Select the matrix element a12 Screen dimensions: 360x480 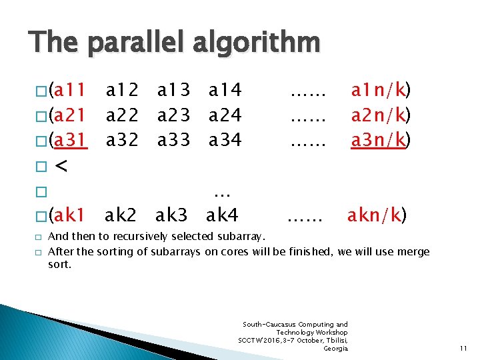click(x=123, y=90)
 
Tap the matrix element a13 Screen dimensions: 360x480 click(x=174, y=90)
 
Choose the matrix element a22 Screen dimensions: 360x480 click(x=123, y=115)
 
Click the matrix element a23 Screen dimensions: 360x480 click(x=174, y=115)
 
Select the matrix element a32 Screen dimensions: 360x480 click(x=123, y=140)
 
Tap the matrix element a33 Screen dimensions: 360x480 click(x=174, y=140)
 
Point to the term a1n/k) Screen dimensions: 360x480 click(x=381, y=90)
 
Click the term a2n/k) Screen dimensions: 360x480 click(x=381, y=115)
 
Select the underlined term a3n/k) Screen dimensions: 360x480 click(x=381, y=140)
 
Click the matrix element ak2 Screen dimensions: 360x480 click(x=122, y=215)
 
